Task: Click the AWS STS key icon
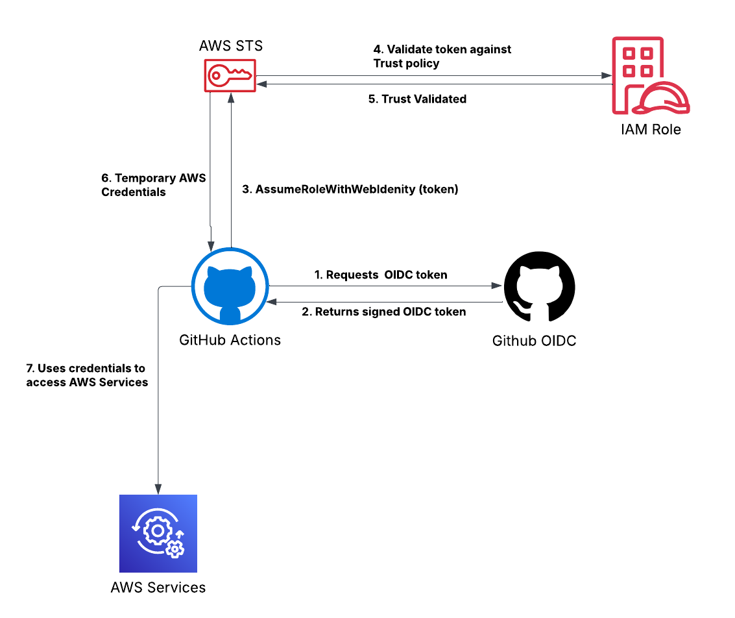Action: tap(230, 75)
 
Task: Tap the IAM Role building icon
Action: tap(651, 75)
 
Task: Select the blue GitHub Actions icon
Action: tap(230, 286)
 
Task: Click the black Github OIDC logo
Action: tap(539, 286)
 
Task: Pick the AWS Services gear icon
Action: tap(158, 534)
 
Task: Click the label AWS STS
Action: tap(231, 46)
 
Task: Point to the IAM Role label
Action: tap(651, 129)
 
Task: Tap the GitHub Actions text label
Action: tap(230, 340)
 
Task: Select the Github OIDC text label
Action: tap(534, 341)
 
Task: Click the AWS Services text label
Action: tap(158, 587)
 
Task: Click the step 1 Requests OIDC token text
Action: tap(381, 275)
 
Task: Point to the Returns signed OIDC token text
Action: tap(384, 312)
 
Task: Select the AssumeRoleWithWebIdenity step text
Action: tap(350, 189)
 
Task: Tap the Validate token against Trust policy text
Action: tap(442, 56)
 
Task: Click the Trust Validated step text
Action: tap(417, 99)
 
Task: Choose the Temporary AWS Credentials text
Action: tap(153, 185)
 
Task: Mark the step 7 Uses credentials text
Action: tap(87, 375)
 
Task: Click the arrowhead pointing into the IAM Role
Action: tap(607, 75)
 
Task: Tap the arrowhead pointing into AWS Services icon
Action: tap(158, 489)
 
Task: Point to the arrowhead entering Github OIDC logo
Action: tap(496, 286)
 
